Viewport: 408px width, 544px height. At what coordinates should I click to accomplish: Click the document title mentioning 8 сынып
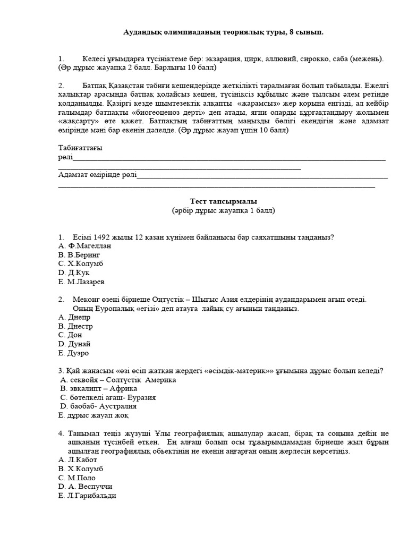point(223,33)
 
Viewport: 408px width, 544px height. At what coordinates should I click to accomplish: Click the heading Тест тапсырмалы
point(223,201)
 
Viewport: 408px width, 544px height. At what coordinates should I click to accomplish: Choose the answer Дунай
point(79,344)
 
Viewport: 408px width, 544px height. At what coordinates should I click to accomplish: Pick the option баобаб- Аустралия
point(100,406)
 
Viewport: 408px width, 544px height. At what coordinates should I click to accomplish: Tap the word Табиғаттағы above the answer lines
point(80,148)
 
